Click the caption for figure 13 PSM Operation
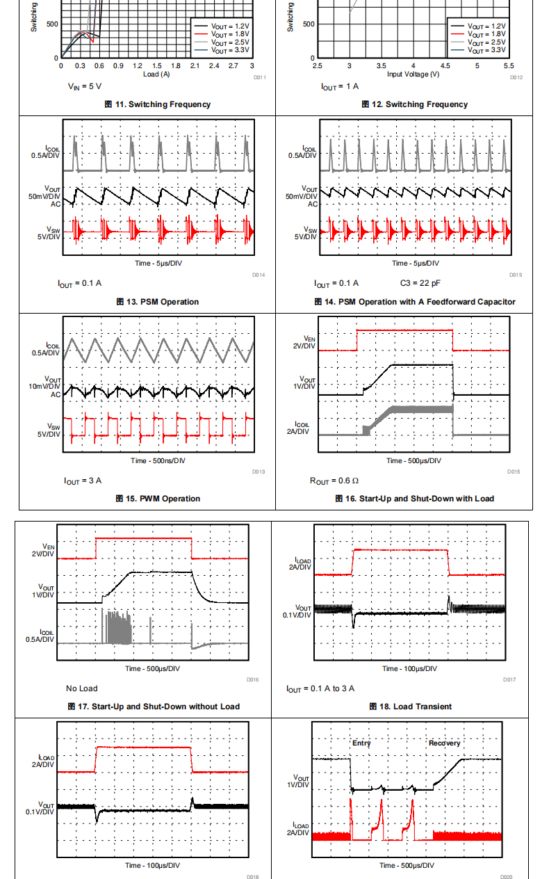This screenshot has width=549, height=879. (x=157, y=302)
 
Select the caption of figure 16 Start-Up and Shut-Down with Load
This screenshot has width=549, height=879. (x=413, y=499)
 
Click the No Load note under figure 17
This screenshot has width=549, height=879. (x=82, y=688)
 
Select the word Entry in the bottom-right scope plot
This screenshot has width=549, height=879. (x=361, y=743)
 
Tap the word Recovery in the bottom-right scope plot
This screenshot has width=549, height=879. (x=444, y=743)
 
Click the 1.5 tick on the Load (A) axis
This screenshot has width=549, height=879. (x=157, y=66)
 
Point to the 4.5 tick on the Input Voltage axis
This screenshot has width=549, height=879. (x=445, y=66)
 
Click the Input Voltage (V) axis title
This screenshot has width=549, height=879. (x=413, y=74)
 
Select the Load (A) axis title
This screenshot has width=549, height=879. (x=156, y=74)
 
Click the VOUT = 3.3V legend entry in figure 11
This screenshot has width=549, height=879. (x=220, y=51)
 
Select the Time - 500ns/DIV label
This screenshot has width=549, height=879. (x=158, y=460)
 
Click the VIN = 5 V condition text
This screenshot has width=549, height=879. (x=85, y=86)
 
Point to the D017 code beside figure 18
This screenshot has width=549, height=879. (x=509, y=679)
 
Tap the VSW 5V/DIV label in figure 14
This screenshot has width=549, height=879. (x=305, y=233)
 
